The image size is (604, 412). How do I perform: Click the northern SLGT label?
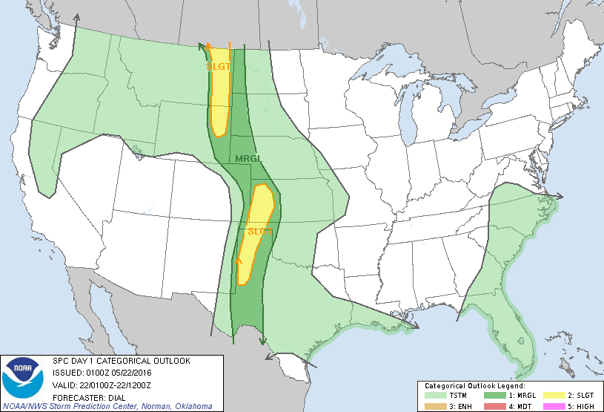218,66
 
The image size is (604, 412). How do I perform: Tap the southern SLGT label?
260,232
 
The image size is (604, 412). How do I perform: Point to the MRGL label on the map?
248,159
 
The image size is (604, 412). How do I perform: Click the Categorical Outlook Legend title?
474,386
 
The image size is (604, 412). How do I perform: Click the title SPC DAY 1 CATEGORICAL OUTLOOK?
121,361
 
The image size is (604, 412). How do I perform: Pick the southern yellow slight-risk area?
254,238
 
